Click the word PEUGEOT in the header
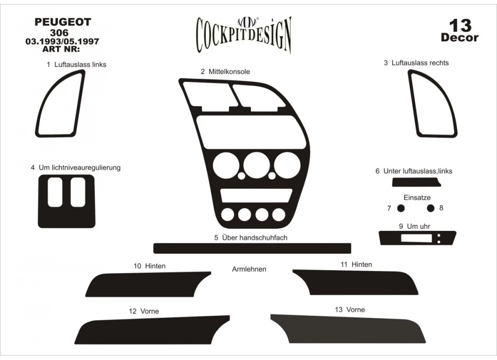point(63,22)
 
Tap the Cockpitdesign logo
point(244,34)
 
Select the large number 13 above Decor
point(460,25)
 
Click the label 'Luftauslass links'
point(77,65)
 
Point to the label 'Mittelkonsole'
point(225,72)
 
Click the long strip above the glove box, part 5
point(252,248)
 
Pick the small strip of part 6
point(415,183)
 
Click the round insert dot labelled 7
point(401,208)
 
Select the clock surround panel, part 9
point(388,238)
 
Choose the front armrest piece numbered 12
point(149,330)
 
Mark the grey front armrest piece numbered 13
point(348,329)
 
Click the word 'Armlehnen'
point(249,269)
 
